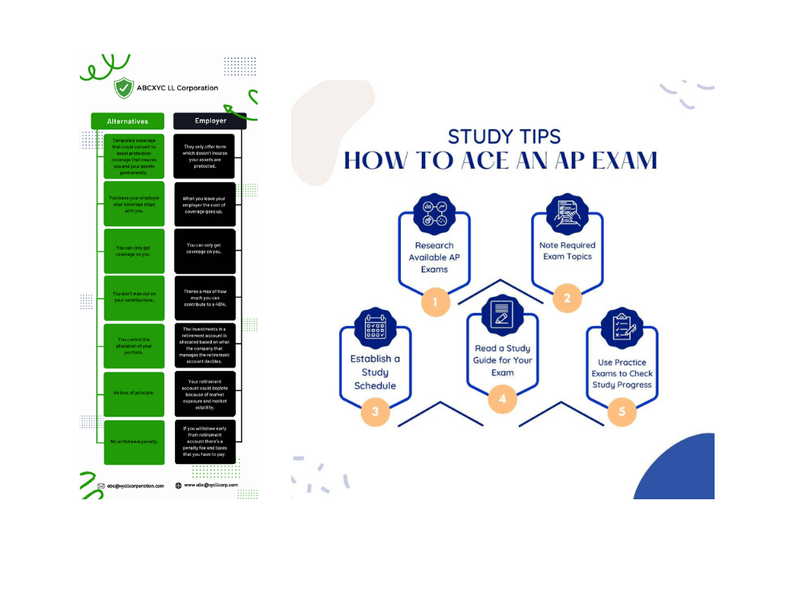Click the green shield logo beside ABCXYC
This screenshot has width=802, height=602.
pos(124,87)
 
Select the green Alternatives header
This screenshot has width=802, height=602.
pos(128,121)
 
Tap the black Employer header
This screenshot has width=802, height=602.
pos(210,121)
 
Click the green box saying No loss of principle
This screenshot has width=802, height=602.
pos(134,393)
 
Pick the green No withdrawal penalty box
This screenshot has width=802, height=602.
pos(134,442)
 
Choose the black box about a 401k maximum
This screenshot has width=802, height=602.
pos(205,299)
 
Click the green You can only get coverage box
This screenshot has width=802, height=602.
pos(134,250)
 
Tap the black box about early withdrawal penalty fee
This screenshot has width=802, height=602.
pos(205,442)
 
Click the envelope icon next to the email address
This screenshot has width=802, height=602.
pos(101,486)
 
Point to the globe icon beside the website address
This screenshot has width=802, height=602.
pos(178,485)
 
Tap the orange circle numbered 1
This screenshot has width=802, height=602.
pos(435,303)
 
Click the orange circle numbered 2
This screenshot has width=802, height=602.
pos(567,299)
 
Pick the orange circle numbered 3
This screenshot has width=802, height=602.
pos(375,413)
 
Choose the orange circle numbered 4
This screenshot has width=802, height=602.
pos(503,397)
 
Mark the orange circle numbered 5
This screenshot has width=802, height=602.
pos(622,413)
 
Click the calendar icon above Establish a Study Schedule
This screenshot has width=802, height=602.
pos(375,329)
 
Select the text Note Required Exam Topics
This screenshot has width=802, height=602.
pos(567,250)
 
